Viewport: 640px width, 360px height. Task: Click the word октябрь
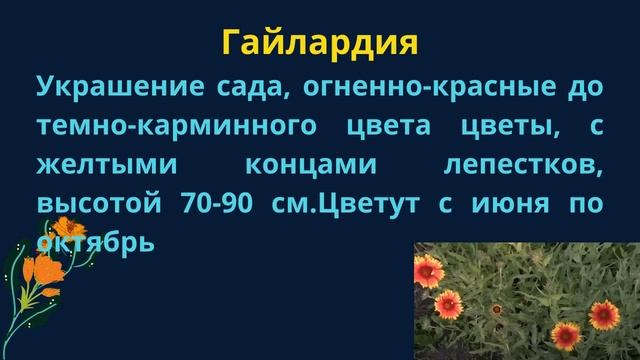click(95, 241)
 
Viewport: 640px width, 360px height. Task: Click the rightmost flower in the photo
click(604, 314)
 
